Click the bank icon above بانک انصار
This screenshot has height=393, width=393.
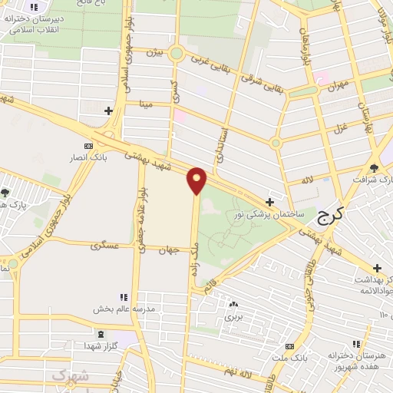[x=88, y=146]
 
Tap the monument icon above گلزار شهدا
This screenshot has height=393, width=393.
[x=101, y=333]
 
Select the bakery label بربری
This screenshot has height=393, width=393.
[x=233, y=315]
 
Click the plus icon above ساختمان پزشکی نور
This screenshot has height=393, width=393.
[x=269, y=201]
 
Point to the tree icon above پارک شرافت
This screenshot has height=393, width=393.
[x=374, y=167]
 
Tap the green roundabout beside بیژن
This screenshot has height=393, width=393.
[x=177, y=54]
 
